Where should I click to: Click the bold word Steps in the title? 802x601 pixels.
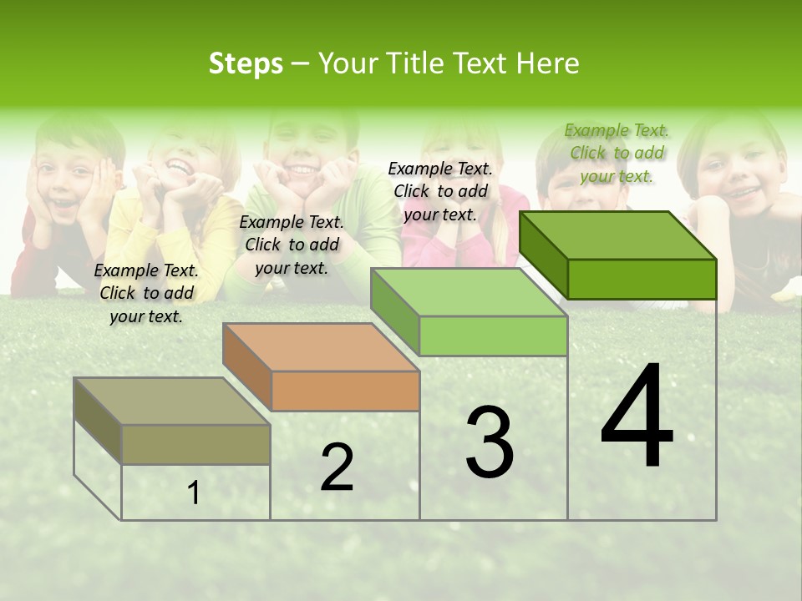pyautogui.click(x=246, y=63)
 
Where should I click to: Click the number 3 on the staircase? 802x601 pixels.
pyautogui.click(x=490, y=442)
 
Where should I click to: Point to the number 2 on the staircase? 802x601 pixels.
pyautogui.click(x=337, y=467)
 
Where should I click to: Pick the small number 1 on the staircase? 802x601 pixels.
pyautogui.click(x=194, y=493)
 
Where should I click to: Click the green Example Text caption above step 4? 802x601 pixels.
pyautogui.click(x=617, y=153)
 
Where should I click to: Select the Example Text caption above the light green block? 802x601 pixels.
pyautogui.click(x=440, y=191)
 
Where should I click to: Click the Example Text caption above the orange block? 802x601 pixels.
pyautogui.click(x=292, y=245)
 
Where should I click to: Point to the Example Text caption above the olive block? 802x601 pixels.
pyautogui.click(x=146, y=293)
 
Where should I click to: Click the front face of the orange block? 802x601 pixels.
pyautogui.click(x=346, y=391)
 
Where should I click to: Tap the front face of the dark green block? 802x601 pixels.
pyautogui.click(x=642, y=279)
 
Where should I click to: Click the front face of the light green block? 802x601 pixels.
pyautogui.click(x=494, y=336)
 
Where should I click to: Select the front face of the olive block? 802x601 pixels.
pyautogui.click(x=196, y=444)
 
